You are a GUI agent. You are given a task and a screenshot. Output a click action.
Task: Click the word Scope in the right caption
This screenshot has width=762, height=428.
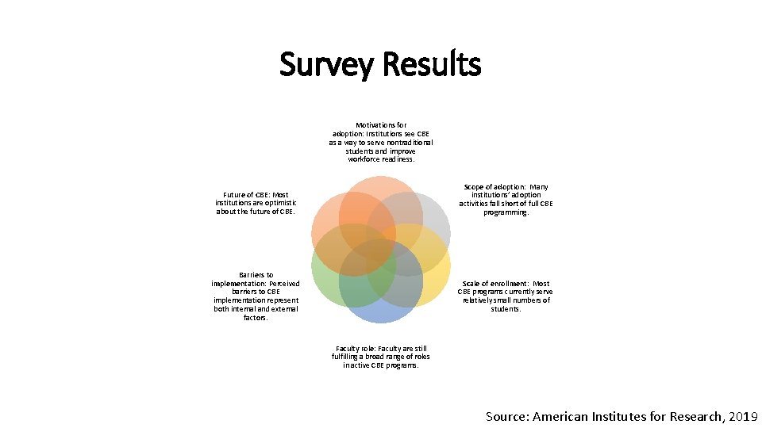coord(477,187)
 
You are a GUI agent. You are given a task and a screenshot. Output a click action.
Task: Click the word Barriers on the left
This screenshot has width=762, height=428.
coord(256,275)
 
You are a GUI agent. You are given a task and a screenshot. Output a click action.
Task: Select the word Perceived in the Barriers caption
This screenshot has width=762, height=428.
coord(283,284)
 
